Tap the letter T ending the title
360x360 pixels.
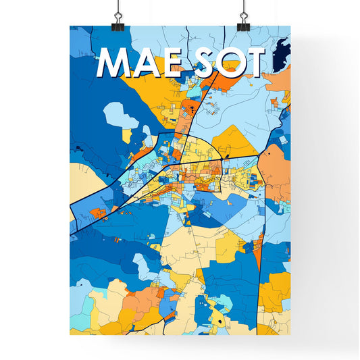255,63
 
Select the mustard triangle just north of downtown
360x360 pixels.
233,138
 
